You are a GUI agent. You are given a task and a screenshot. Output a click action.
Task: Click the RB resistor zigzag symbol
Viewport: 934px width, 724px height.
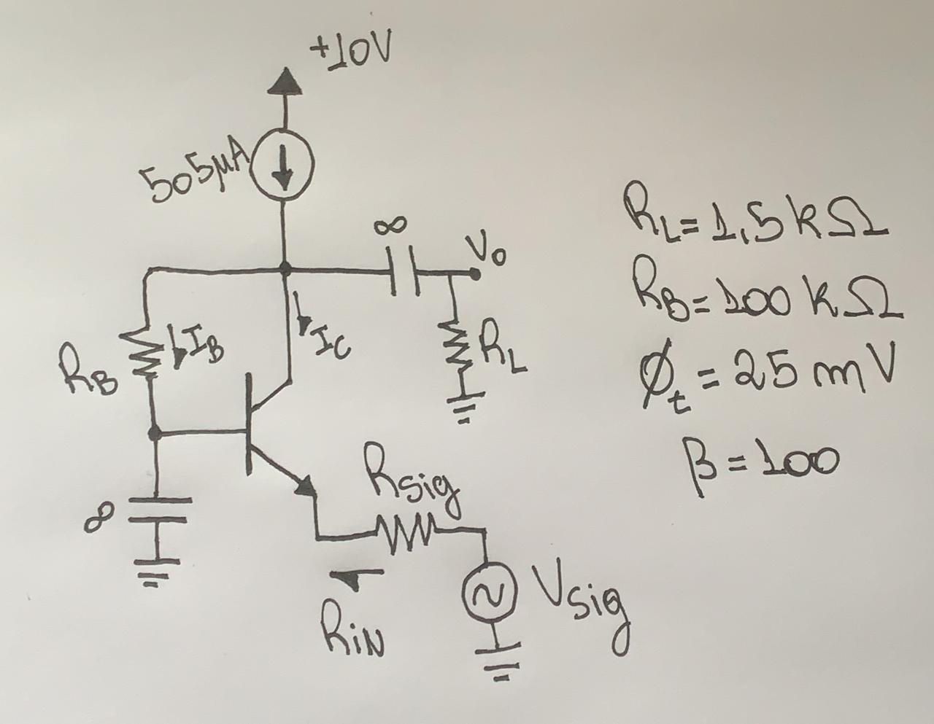pyautogui.click(x=149, y=354)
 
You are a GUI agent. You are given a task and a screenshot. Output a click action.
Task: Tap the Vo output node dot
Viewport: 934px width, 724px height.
pyautogui.click(x=475, y=275)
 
